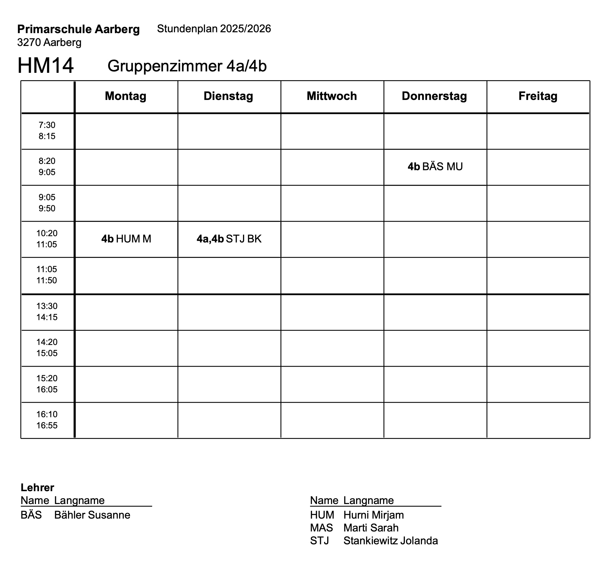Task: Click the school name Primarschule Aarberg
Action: pyautogui.click(x=79, y=29)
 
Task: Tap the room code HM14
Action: pyautogui.click(x=46, y=66)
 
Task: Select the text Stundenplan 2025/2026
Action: pyautogui.click(x=214, y=29)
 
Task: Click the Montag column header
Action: pyautogui.click(x=126, y=96)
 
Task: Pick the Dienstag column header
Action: pyautogui.click(x=228, y=96)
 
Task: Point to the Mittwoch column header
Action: pyautogui.click(x=331, y=96)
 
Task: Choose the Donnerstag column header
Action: pyautogui.click(x=434, y=96)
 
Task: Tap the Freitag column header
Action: pyautogui.click(x=538, y=96)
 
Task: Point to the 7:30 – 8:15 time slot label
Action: pyautogui.click(x=47, y=131)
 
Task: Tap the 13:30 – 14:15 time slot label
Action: pyautogui.click(x=47, y=312)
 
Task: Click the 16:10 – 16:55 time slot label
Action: pyautogui.click(x=47, y=420)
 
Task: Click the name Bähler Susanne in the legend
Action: pyautogui.click(x=92, y=515)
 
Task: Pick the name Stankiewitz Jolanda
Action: pyautogui.click(x=390, y=541)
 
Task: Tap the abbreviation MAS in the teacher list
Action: pyautogui.click(x=321, y=528)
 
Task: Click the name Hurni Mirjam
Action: pyautogui.click(x=373, y=515)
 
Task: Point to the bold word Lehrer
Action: pyautogui.click(x=37, y=487)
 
